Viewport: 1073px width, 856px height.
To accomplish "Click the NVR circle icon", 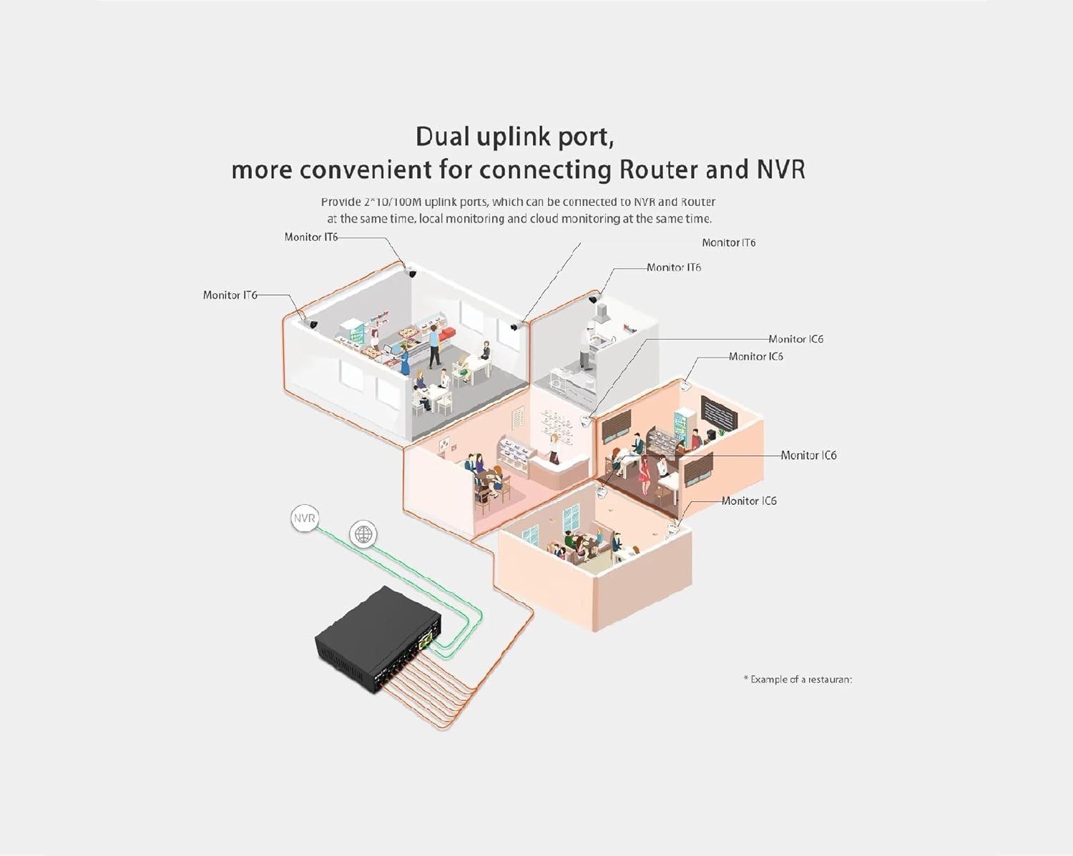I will pos(304,519).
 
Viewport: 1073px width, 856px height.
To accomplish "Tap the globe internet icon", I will pos(363,533).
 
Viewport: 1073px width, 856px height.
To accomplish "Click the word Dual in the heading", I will pos(442,137).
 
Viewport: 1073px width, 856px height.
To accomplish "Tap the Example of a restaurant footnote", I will pos(798,679).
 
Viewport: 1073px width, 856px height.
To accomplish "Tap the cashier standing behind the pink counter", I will pos(553,448).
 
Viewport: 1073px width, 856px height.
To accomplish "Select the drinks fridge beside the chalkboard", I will pos(685,428).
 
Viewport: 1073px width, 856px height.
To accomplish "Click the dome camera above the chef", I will pos(593,299).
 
